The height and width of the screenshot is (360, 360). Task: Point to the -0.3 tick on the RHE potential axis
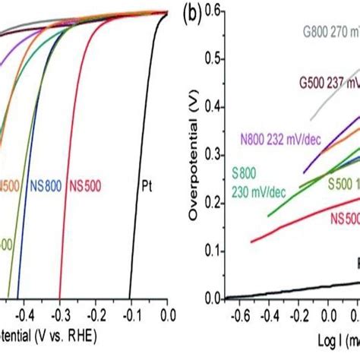(x=59, y=312)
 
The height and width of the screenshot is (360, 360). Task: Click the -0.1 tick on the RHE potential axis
(x=131, y=312)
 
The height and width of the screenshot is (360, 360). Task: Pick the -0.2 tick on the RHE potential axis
(x=95, y=312)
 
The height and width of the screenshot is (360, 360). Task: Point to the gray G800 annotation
(x=327, y=33)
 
